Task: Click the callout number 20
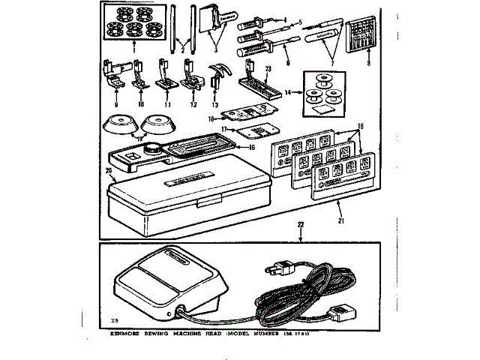tap(109, 171)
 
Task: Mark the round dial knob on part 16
tap(156, 147)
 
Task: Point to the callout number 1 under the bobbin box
tap(126, 55)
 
